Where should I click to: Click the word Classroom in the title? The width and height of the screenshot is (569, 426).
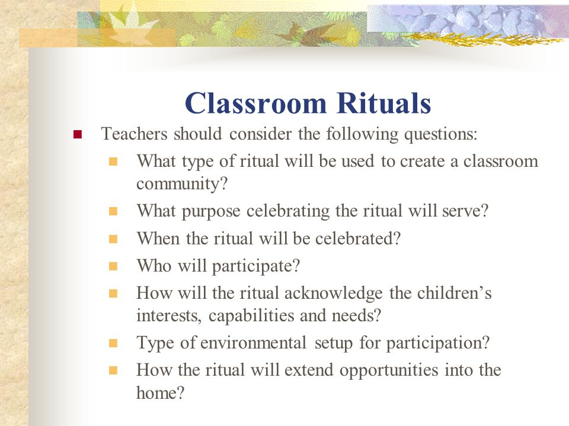coord(256,103)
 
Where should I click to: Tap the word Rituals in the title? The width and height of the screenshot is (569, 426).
coord(383,103)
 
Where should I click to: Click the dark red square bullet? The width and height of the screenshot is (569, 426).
coord(78,135)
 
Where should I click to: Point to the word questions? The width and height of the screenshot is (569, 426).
coord(440,135)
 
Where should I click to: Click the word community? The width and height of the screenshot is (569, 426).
coord(182,183)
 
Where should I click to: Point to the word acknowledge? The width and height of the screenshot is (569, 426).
coord(334,293)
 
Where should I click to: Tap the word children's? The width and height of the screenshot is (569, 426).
coord(455,293)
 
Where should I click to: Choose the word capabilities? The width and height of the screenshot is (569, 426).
coord(251,316)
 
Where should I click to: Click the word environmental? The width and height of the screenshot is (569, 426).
coord(253,343)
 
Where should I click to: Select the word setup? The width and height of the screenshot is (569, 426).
coord(334,343)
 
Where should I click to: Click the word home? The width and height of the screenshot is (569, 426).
coord(161,392)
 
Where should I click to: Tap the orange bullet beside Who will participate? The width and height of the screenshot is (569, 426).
coord(113,267)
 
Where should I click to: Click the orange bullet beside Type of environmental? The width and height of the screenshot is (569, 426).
coord(113,343)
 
